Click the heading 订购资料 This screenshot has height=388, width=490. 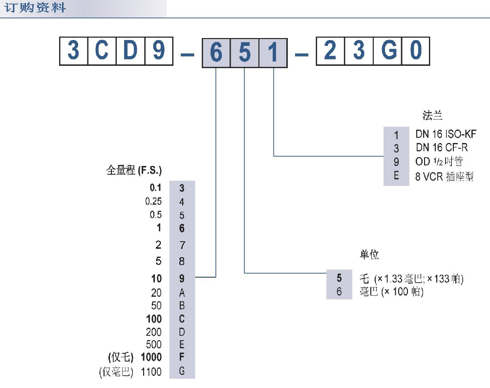(x=35, y=8)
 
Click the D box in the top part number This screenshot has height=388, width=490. (x=130, y=51)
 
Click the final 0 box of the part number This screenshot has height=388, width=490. (x=416, y=51)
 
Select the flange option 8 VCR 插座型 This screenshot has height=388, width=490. (x=444, y=177)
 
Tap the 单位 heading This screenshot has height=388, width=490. (x=369, y=255)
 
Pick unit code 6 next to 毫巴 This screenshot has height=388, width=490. (x=339, y=292)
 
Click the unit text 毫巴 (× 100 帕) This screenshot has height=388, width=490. (x=391, y=292)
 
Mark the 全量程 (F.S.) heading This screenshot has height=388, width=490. (x=134, y=171)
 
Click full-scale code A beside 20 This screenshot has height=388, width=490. (x=182, y=293)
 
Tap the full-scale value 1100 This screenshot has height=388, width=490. (x=151, y=372)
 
